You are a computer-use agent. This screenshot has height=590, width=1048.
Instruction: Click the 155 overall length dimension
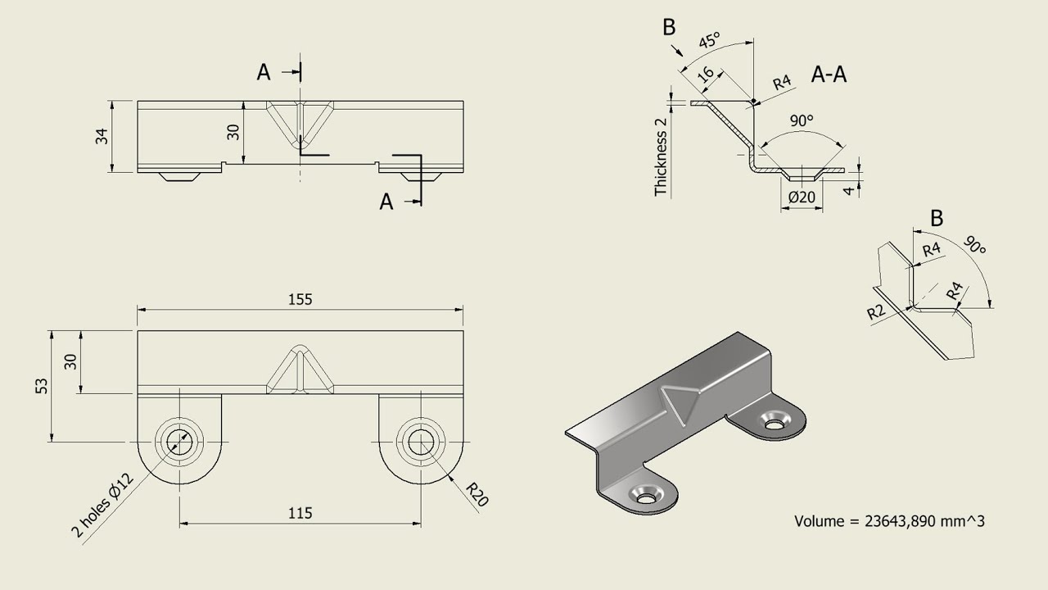(x=300, y=300)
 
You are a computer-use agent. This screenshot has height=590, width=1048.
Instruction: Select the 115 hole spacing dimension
(x=300, y=514)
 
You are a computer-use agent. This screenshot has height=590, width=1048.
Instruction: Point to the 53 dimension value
(x=42, y=385)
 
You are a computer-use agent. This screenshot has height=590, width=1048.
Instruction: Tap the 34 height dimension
(x=102, y=136)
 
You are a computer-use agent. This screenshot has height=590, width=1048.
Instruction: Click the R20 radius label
(x=477, y=494)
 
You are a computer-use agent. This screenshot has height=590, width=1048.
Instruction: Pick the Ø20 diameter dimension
(x=802, y=197)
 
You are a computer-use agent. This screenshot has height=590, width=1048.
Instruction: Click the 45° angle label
(x=709, y=40)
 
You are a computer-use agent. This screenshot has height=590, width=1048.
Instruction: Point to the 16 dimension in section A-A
(x=705, y=75)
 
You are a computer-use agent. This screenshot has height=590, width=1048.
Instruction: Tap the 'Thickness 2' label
(x=661, y=157)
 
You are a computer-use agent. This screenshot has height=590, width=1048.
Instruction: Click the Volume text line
(x=889, y=520)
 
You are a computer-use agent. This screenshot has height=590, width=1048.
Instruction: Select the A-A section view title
(x=829, y=75)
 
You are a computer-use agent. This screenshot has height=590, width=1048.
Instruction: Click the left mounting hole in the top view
(x=179, y=442)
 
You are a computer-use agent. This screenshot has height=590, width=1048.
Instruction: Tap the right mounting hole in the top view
(x=421, y=442)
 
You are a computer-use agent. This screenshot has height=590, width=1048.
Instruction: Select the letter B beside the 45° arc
(x=669, y=27)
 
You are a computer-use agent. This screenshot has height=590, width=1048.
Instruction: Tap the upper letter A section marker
(x=264, y=73)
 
